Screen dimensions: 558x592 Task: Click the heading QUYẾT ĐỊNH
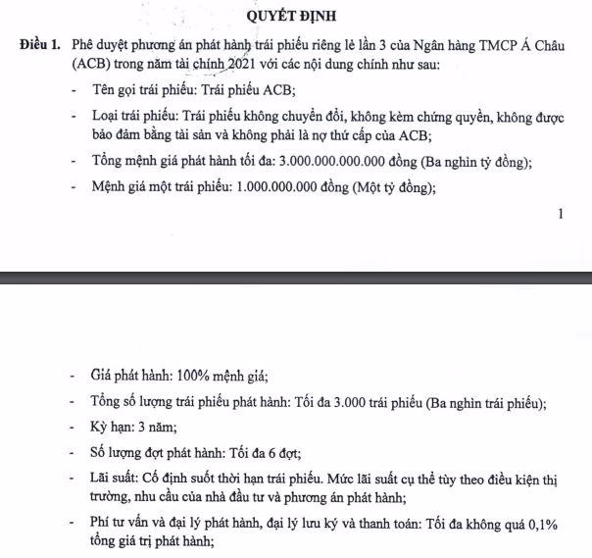point(295,16)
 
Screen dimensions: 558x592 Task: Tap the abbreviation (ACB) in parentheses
point(93,66)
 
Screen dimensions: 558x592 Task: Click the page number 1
point(561,213)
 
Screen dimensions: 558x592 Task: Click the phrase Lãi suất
point(115,479)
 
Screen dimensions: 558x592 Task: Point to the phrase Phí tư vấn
point(124,525)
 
